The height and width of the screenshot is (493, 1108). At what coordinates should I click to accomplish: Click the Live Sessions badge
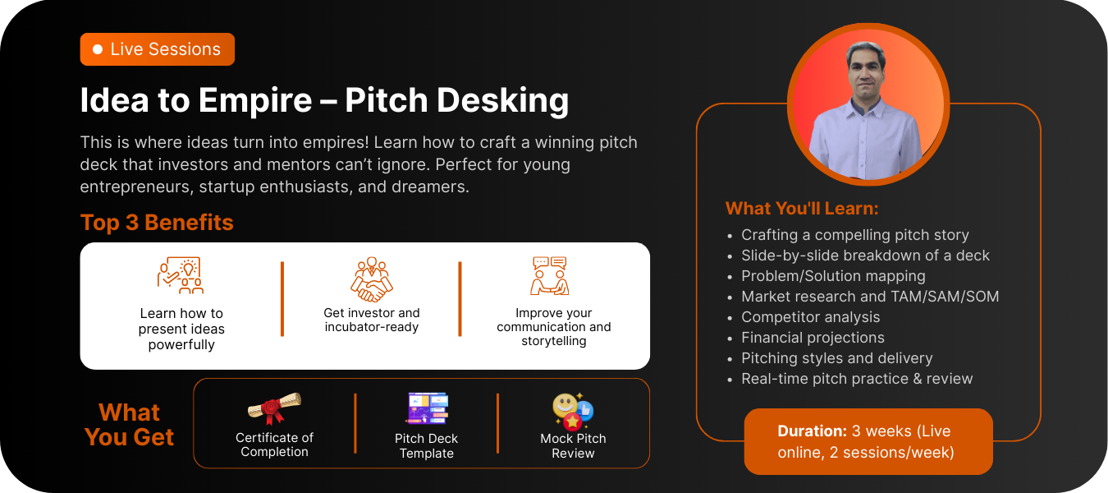158,49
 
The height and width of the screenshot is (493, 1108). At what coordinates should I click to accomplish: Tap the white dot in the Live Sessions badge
98,49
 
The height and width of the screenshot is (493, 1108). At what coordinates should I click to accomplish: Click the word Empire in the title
255,100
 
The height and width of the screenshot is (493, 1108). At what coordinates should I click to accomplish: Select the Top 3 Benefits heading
157,222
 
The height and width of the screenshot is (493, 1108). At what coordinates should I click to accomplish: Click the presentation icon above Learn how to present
181,275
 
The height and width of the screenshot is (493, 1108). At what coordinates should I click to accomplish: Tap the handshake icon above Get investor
372,279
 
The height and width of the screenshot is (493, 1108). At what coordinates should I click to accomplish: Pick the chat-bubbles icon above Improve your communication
550,276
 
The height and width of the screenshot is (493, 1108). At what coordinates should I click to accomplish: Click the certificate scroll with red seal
274,408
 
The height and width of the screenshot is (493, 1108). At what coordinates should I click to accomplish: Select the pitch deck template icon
427,408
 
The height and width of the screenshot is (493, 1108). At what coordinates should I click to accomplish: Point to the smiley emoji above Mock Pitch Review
565,405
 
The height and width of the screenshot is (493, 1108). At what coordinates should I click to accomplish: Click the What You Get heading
129,425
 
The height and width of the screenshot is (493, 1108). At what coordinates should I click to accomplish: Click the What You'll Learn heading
802,209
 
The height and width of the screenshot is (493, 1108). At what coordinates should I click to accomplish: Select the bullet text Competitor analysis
810,317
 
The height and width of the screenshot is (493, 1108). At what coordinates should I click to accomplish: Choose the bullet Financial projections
813,338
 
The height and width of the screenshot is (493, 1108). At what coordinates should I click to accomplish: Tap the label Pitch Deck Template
427,445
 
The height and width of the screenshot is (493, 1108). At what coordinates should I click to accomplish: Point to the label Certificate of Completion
274,445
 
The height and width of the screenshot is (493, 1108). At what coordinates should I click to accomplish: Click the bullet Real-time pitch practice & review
857,379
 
